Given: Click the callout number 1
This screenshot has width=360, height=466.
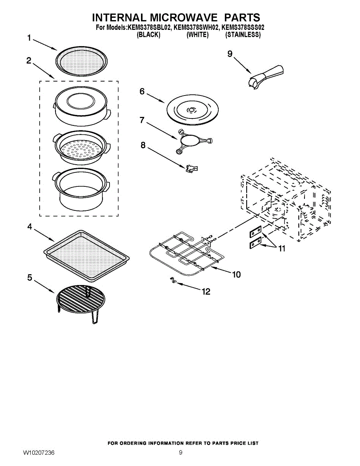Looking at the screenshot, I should pyautogui.click(x=29, y=38).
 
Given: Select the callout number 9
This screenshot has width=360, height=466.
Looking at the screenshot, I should pyautogui.click(x=230, y=54).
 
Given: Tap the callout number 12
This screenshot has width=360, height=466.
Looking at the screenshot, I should pyautogui.click(x=206, y=291).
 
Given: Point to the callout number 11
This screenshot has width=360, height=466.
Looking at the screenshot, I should pyautogui.click(x=282, y=248).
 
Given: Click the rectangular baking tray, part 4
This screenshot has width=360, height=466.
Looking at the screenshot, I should pyautogui.click(x=86, y=254).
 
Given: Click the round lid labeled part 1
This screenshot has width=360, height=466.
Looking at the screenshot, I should pyautogui.click(x=81, y=62).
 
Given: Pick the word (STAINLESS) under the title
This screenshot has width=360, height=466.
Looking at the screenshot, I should pyautogui.click(x=243, y=35).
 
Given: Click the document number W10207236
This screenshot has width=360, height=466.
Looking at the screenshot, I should pyautogui.click(x=38, y=453).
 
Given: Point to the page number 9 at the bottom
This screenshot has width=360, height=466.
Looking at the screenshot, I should pyautogui.click(x=181, y=453).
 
